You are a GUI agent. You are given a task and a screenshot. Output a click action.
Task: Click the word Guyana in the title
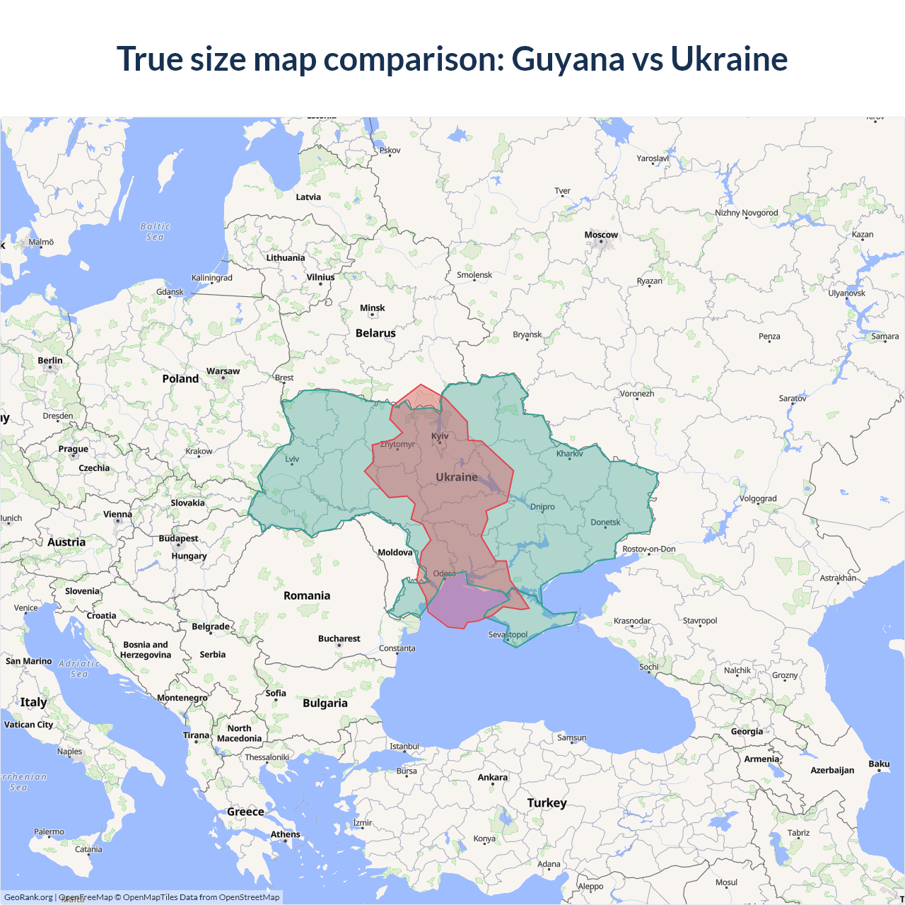(568, 59)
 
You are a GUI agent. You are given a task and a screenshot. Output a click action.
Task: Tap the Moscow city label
(601, 235)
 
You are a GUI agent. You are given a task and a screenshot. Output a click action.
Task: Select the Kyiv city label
(440, 436)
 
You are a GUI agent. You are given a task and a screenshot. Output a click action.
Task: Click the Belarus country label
(375, 333)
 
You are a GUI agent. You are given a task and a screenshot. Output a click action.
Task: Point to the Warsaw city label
(223, 371)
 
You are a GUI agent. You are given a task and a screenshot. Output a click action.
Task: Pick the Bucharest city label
(339, 638)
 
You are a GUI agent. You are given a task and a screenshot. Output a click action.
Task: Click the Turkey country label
(547, 803)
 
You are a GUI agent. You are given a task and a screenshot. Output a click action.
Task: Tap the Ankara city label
(492, 777)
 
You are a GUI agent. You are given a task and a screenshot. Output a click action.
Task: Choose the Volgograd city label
(758, 498)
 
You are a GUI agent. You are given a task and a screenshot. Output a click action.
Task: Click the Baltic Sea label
(155, 232)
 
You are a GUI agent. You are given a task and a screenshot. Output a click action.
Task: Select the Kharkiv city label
(569, 454)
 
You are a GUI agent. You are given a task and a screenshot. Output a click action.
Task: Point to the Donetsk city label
(605, 522)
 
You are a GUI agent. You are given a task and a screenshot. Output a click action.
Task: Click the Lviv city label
(292, 459)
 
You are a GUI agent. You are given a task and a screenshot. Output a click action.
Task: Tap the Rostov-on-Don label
(648, 549)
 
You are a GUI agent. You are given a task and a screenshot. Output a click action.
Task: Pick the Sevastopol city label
(508, 634)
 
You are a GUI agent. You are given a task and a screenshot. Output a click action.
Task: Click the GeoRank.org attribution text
(28, 897)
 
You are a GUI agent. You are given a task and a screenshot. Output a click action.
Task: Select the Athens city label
(285, 834)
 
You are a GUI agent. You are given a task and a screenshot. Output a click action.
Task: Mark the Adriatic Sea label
(79, 669)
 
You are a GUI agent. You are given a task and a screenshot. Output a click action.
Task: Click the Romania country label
(307, 596)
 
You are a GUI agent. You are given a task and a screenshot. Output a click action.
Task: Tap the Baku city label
(879, 764)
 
